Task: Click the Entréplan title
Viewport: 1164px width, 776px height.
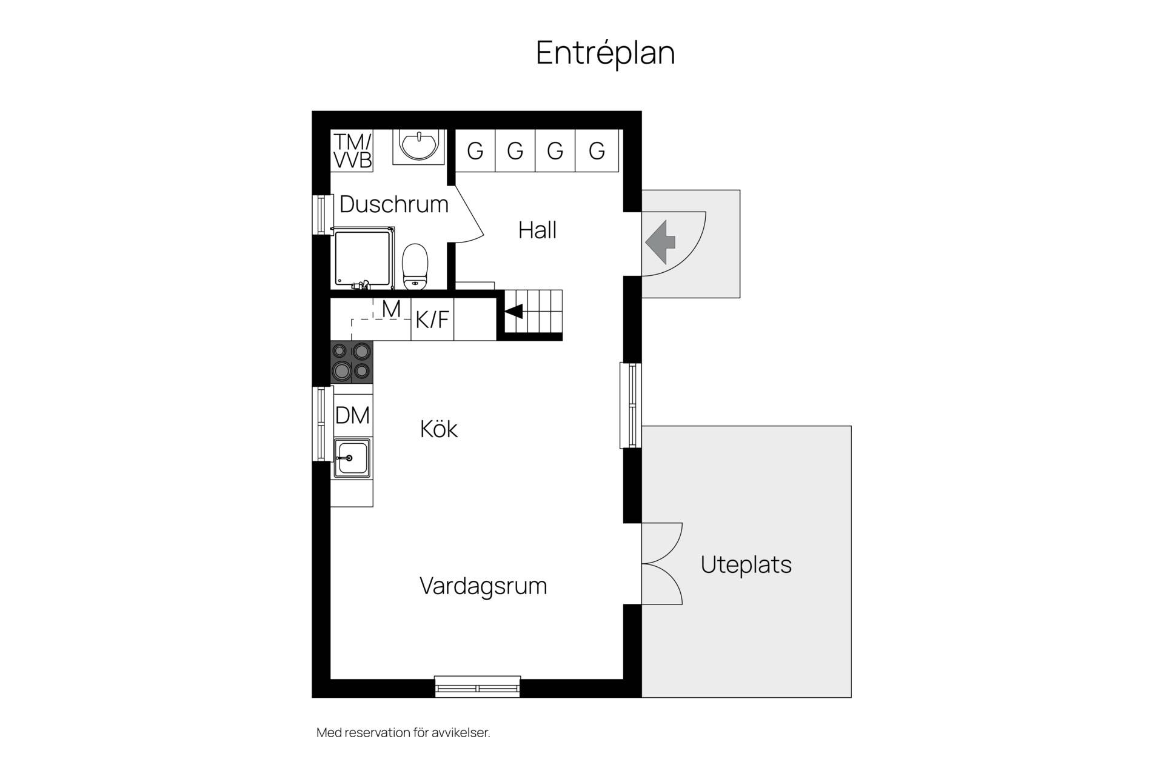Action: [x=605, y=53]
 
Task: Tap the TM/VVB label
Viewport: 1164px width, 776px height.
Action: [x=352, y=151]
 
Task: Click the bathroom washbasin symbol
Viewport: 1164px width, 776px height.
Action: [x=418, y=146]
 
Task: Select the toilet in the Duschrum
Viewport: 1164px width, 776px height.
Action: [x=415, y=266]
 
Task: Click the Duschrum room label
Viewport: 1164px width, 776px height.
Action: [x=394, y=204]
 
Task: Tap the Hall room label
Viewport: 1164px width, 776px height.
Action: [x=537, y=230]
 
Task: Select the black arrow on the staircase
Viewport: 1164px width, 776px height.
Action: [x=514, y=312]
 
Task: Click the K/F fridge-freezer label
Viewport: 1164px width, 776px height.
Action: [x=432, y=319]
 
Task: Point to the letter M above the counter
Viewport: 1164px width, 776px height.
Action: [x=391, y=309]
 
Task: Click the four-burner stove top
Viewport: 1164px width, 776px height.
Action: [x=352, y=362]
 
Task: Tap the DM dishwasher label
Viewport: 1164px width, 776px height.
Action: [x=352, y=416]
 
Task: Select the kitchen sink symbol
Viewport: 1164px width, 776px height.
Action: [x=352, y=458]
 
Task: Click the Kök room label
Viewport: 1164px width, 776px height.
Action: [x=438, y=429]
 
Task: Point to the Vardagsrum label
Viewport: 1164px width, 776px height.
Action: [x=483, y=586]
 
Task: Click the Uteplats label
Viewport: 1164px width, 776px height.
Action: [x=746, y=564]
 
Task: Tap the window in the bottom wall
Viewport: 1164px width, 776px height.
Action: [x=478, y=687]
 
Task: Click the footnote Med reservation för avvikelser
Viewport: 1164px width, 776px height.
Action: [x=403, y=732]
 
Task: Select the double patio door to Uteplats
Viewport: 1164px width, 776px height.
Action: [x=662, y=564]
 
